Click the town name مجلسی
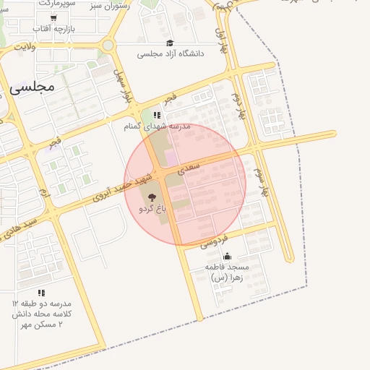(x=33, y=87)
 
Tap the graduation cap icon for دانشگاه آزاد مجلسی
(x=170, y=43)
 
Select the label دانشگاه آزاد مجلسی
(x=171, y=53)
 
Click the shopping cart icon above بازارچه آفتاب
(x=53, y=17)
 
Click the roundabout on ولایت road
(x=108, y=45)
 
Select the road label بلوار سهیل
(x=123, y=84)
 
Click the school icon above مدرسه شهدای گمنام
(x=156, y=114)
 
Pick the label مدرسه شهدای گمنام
(x=156, y=126)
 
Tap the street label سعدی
(x=188, y=168)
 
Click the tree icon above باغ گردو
(x=152, y=197)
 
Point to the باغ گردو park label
(x=152, y=208)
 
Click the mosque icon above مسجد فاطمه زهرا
(x=227, y=256)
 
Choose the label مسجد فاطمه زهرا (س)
(x=230, y=272)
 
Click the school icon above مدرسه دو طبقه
(x=41, y=292)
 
